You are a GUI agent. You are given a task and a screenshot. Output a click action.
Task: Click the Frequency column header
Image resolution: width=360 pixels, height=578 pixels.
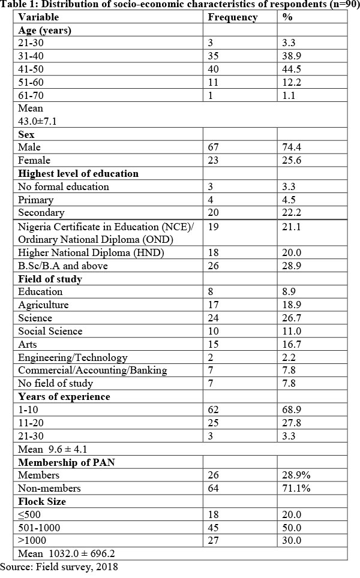232,17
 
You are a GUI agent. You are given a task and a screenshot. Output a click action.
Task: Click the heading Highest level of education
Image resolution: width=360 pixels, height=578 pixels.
78,173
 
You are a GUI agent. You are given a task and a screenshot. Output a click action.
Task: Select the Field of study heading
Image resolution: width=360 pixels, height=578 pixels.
50,279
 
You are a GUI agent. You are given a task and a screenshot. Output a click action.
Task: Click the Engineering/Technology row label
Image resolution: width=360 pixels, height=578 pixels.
73,357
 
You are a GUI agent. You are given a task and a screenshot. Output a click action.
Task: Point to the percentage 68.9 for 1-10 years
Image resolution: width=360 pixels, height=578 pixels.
292,410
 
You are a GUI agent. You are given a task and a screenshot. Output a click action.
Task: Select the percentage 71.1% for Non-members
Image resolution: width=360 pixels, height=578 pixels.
295,489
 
